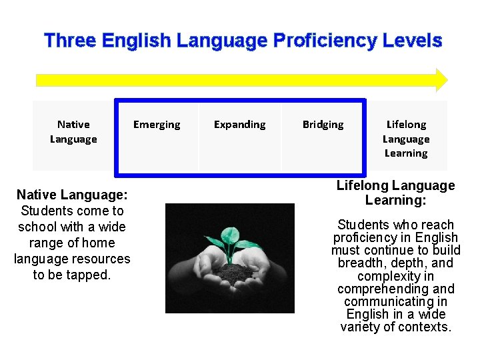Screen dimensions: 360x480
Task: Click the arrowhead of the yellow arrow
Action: click(440, 79)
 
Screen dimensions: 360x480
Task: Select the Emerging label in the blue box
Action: click(157, 125)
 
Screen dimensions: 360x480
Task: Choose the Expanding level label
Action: click(239, 125)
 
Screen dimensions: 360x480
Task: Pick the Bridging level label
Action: click(323, 125)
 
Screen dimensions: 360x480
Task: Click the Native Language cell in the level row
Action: click(73, 131)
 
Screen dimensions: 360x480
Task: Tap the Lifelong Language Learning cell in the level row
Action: click(406, 139)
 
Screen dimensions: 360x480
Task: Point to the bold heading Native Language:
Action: click(71, 195)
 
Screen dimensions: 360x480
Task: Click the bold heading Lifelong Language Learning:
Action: click(395, 192)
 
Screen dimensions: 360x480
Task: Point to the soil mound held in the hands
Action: click(229, 271)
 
